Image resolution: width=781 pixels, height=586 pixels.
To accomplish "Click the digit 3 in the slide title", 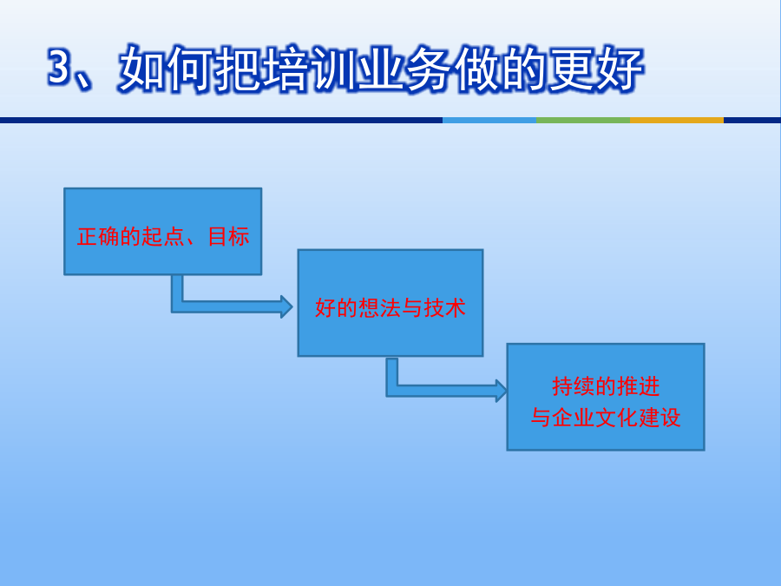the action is point(59,67).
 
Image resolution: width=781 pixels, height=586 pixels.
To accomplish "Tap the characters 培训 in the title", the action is point(285,69).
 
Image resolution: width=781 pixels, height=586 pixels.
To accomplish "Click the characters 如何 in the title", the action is point(166,69).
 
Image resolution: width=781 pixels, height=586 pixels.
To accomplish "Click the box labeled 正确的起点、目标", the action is point(163,231).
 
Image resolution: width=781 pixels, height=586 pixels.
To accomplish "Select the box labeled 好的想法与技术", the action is point(390,303).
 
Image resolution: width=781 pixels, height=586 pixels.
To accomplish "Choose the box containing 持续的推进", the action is point(606,397).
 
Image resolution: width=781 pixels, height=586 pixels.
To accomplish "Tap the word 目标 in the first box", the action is point(228,237).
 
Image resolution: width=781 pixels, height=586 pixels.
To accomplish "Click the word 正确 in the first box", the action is point(98,237).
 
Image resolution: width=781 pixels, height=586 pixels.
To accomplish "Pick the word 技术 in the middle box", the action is point(445,308).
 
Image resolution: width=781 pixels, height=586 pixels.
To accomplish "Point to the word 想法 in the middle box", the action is point(379,308).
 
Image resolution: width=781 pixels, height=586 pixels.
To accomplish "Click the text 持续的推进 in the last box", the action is point(607,386).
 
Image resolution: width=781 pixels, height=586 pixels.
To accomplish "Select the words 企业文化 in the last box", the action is point(595,418).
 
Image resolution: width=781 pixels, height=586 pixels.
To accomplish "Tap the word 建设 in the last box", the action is point(660,418).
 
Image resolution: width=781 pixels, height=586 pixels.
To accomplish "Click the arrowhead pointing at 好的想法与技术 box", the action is point(286,306).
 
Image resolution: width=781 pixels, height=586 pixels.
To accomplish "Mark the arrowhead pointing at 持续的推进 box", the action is point(501,390).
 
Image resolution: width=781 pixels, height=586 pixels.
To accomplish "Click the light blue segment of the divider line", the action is point(489,120).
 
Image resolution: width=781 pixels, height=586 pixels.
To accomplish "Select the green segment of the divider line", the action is point(583,120).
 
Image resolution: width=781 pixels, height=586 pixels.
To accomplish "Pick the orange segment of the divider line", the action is point(677,120).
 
